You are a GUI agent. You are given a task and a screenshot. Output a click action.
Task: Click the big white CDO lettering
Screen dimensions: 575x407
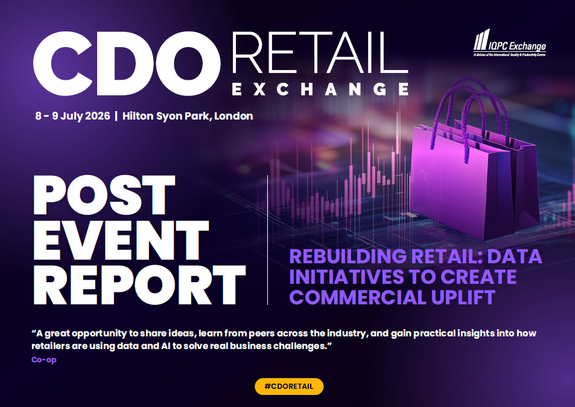tap(127, 63)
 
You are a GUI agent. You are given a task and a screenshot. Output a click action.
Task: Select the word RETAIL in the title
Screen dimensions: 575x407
tap(320, 52)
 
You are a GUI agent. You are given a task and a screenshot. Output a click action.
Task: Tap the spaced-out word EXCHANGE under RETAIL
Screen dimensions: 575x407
tap(320, 89)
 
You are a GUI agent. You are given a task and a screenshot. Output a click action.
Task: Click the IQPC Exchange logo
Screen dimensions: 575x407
tap(510, 42)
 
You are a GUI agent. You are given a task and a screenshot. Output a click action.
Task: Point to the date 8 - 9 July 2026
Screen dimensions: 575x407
tap(72, 116)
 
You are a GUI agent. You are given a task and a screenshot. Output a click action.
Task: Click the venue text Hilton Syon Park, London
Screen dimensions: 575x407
tap(188, 117)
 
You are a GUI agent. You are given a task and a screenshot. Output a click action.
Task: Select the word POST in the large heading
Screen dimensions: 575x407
tap(104, 195)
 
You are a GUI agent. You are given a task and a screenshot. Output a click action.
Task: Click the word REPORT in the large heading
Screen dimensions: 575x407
tap(139, 285)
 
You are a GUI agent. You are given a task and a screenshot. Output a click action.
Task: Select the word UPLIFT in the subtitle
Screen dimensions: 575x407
tap(463, 297)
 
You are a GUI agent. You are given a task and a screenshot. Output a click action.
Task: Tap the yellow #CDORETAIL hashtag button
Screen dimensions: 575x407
tap(289, 386)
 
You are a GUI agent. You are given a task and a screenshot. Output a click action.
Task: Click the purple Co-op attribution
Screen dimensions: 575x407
tap(44, 360)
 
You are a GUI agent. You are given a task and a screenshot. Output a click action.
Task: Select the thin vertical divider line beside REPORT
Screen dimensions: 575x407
tap(268, 240)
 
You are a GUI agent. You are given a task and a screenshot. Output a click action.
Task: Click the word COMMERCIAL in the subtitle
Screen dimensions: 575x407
tap(358, 297)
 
